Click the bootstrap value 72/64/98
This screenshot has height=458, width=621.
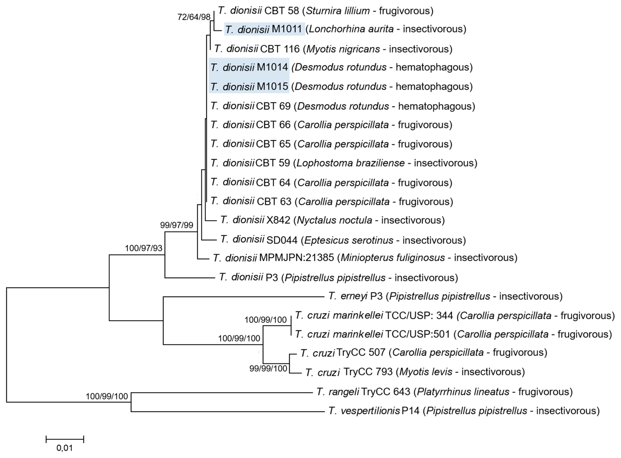click(x=194, y=17)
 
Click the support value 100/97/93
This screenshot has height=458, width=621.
click(x=143, y=248)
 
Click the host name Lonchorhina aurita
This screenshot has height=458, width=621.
click(x=351, y=29)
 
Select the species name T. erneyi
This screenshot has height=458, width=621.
click(x=348, y=296)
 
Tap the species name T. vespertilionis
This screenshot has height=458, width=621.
click(x=364, y=411)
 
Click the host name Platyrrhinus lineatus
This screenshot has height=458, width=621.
click(x=463, y=392)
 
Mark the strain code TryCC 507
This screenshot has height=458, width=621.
click(x=361, y=352)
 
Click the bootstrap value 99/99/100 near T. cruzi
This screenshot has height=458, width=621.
click(x=268, y=368)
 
